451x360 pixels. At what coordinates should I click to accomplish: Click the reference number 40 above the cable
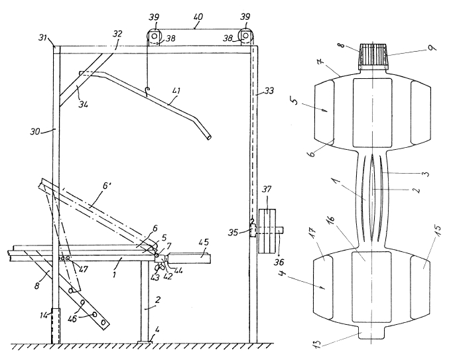coord(198,17)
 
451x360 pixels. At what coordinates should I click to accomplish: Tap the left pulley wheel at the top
coord(155,36)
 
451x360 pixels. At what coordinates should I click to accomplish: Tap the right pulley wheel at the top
coord(245,36)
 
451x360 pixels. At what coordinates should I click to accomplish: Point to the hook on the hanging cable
coord(147,91)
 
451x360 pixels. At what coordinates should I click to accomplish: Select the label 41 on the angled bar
coord(176,91)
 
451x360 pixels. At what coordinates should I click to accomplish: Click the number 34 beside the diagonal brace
coord(83,103)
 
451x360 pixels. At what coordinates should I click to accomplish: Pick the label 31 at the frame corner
coord(43,37)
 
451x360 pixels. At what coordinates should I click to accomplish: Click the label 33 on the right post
coord(269,91)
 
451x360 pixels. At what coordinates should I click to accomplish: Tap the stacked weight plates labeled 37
coord(267,231)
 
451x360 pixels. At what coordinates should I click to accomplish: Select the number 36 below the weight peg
coord(279,262)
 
